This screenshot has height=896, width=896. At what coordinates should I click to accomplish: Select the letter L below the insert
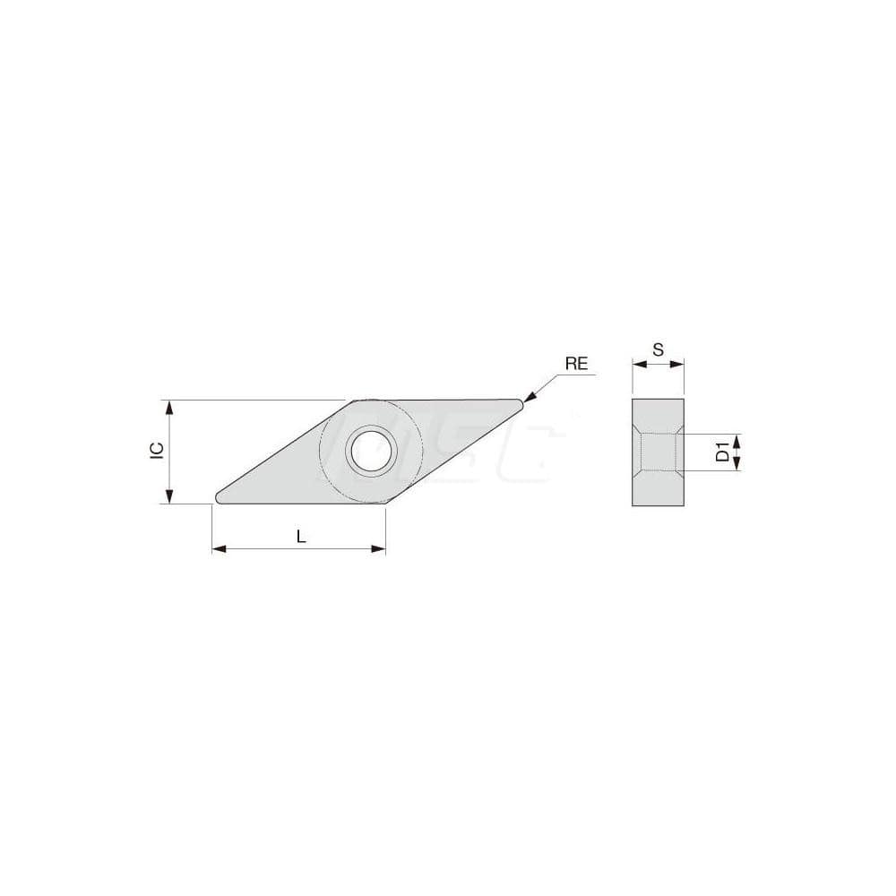pos(301,537)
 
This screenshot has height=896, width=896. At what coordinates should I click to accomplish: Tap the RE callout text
pos(576,363)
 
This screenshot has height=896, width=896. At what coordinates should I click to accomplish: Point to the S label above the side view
pos(658,350)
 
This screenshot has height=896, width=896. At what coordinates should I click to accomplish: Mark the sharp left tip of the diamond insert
pos(217,497)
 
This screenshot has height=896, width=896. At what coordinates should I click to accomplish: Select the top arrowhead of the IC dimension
pos(168,406)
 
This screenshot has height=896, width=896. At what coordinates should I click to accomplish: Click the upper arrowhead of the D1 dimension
pos(737,439)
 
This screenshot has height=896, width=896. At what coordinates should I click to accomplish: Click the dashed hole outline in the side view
pos(659,452)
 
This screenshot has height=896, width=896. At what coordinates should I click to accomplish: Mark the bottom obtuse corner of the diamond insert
pos(385,502)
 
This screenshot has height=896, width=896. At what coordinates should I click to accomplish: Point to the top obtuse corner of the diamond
pos(354,401)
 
